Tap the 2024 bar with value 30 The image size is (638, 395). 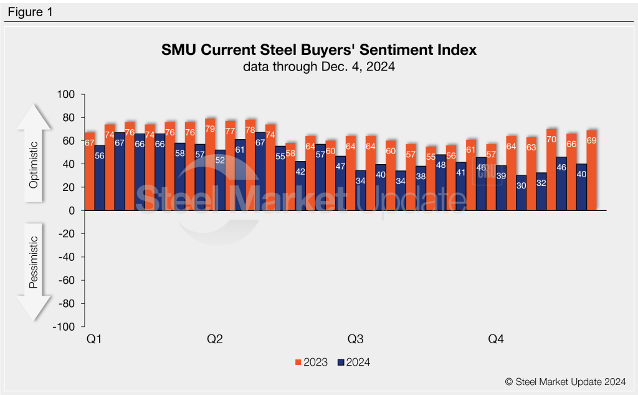tap(521, 193)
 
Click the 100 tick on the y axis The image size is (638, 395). tap(66, 95)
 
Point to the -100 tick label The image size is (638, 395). tap(64, 326)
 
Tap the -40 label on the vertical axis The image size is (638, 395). tap(66, 257)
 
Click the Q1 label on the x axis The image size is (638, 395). tap(95, 339)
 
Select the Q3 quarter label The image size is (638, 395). tap(356, 339)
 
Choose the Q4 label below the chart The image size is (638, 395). tap(496, 339)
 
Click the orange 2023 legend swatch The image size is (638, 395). tap(298, 362)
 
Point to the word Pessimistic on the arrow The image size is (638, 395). tap(34, 261)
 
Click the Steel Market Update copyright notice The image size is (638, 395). tap(565, 381)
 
